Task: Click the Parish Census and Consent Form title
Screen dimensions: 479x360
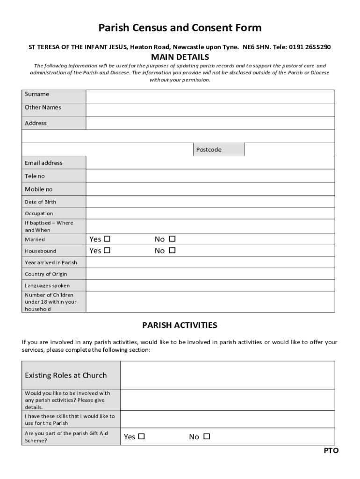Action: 180,28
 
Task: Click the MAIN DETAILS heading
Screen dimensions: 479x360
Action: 180,57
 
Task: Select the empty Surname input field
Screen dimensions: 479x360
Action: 210,96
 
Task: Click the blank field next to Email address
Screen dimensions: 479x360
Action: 210,163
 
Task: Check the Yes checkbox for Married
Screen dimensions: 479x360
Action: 107,239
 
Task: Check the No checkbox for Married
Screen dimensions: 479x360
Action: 172,239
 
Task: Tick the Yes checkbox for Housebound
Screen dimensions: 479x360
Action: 107,250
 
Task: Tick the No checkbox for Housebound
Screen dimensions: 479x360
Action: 172,250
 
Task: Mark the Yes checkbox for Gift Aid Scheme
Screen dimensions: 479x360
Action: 141,436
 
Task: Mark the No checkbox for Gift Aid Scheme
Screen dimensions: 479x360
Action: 207,436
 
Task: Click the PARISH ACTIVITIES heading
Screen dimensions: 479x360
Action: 180,325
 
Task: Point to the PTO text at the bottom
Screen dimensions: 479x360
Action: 331,450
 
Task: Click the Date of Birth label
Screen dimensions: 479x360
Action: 40,202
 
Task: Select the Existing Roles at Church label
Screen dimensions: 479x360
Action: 65,375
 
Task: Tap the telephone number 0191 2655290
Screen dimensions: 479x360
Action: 310,47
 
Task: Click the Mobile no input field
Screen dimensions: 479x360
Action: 210,189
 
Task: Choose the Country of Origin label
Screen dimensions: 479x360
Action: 46,274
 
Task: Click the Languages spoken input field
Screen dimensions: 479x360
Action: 210,285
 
